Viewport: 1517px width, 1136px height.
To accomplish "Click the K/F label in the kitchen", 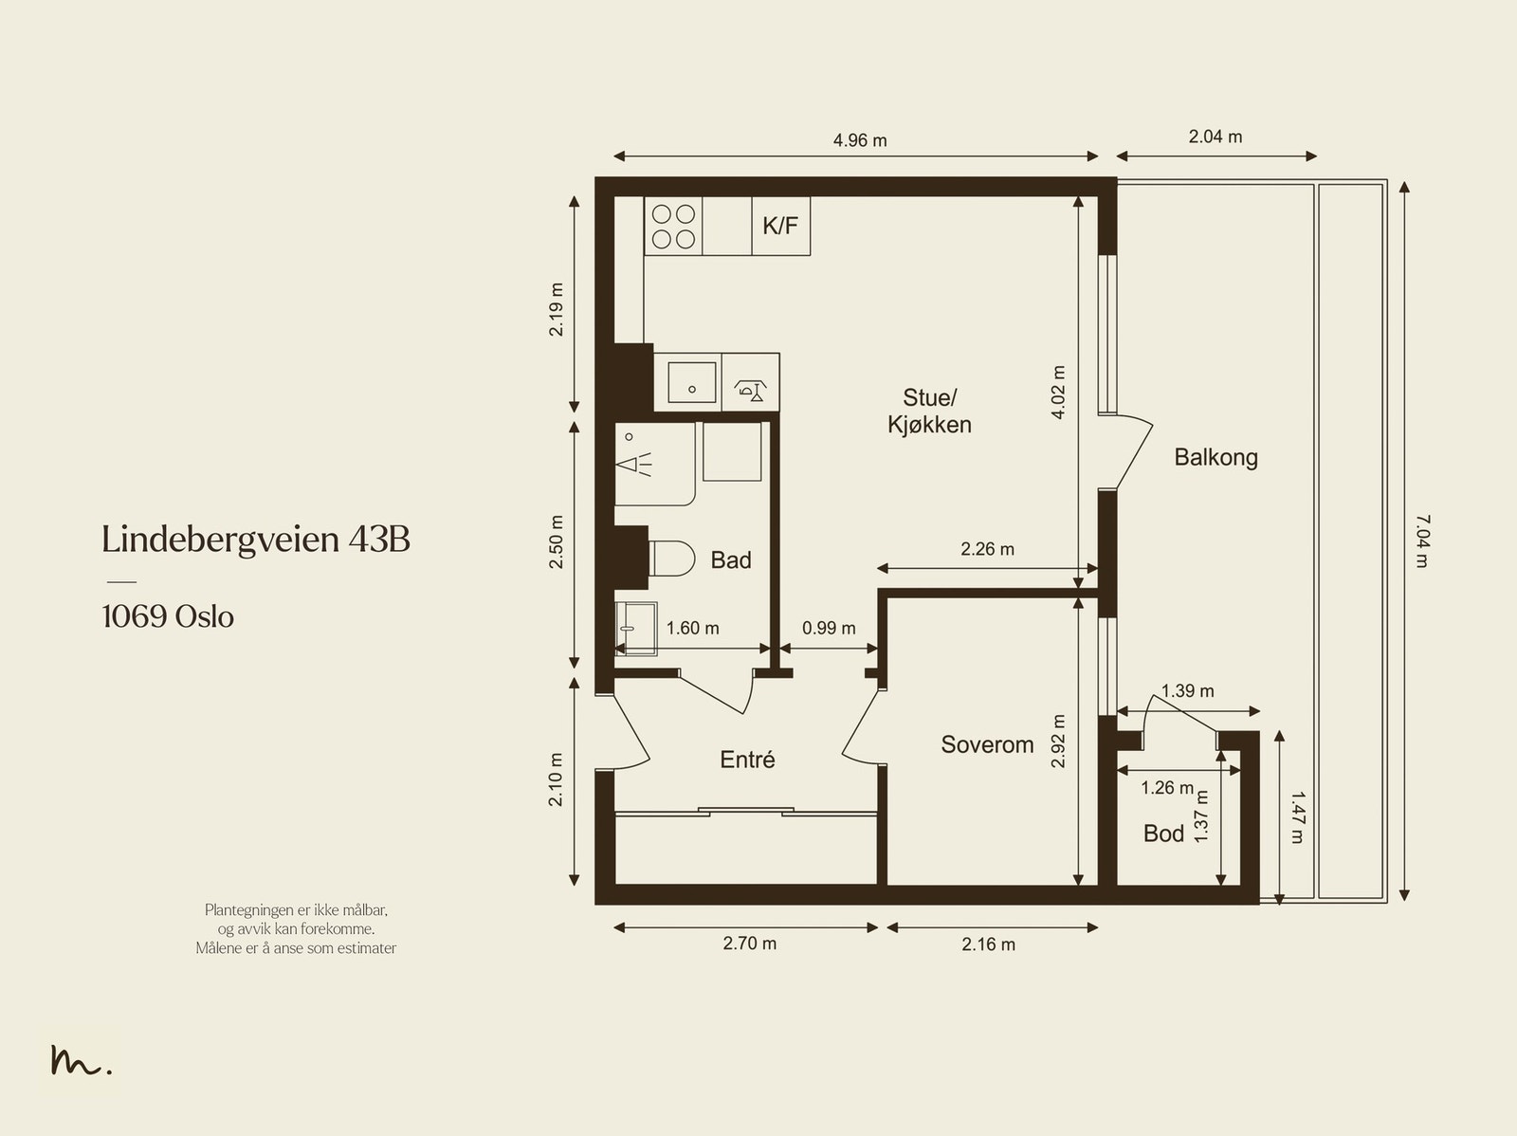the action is tap(780, 226).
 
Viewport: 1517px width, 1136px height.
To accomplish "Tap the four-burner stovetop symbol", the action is tap(673, 226).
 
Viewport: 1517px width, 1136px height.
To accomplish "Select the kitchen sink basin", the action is tap(691, 382).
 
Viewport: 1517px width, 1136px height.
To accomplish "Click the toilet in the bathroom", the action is tap(672, 559).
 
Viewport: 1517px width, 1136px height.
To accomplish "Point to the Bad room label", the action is tap(730, 559).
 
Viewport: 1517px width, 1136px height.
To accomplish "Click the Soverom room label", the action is tap(987, 744).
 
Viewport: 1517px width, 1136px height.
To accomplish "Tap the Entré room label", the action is tap(747, 760).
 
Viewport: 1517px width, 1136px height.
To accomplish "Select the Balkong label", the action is tap(1215, 457).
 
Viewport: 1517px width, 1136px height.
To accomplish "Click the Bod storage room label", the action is tap(1164, 834).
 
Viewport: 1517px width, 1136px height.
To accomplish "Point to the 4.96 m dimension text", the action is tap(860, 140).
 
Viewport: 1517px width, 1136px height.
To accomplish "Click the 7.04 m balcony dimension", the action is tap(1422, 541).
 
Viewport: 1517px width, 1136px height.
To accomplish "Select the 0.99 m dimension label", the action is tap(829, 628).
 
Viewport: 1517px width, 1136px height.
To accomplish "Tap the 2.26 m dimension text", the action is tap(987, 549).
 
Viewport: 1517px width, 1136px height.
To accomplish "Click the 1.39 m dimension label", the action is tap(1187, 690).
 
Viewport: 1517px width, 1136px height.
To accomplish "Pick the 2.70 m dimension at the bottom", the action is tap(749, 944).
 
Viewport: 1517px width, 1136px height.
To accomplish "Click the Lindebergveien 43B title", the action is tap(256, 539).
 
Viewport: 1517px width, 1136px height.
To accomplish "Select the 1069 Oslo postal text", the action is tap(168, 616).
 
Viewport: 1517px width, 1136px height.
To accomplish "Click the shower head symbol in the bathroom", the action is tap(633, 464).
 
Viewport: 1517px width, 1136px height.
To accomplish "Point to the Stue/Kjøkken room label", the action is tap(929, 412).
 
